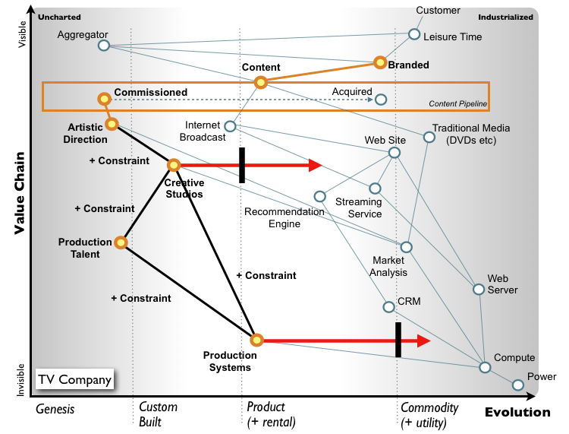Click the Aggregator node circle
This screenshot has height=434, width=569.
104,46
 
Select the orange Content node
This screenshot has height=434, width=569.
260,82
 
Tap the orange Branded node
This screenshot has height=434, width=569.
380,63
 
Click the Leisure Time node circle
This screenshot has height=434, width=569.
414,34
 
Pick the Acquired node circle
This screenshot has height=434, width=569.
381,99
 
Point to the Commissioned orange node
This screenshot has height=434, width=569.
103,99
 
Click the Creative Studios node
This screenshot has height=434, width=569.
173,164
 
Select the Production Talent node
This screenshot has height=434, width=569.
120,242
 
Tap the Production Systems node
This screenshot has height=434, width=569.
256,340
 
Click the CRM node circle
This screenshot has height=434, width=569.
388,307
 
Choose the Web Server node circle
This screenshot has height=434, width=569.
479,289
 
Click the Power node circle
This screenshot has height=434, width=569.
518,385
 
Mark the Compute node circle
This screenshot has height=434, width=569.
485,367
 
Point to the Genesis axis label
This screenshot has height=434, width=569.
55,409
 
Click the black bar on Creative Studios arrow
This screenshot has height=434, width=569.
242,165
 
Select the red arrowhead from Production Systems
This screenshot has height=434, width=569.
423,341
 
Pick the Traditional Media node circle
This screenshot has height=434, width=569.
429,138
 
